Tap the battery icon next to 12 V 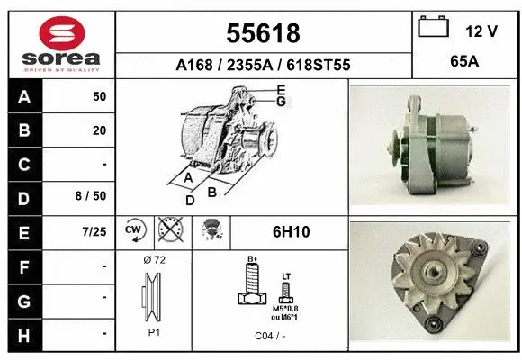(434, 28)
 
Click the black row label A (23, 96)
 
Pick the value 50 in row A (99, 96)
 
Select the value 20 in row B (99, 130)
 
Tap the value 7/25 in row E (93, 231)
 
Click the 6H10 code (290, 231)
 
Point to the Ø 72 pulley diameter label (154, 260)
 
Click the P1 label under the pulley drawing (153, 330)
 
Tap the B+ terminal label (253, 259)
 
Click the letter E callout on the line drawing (282, 89)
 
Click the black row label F (23, 265)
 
